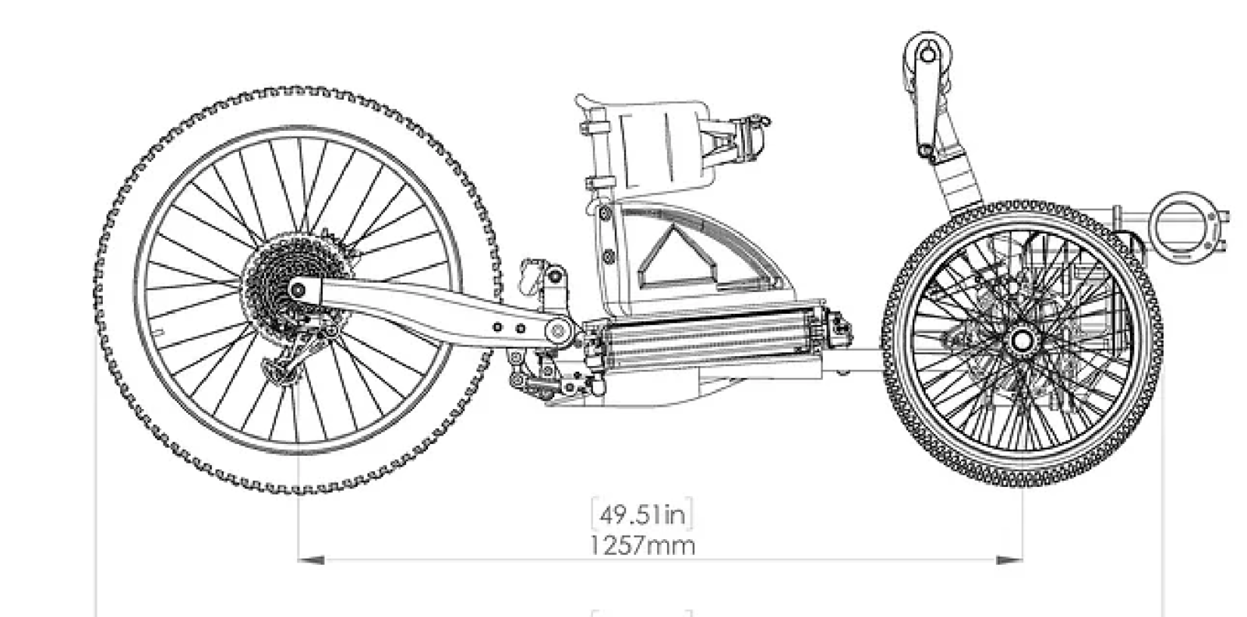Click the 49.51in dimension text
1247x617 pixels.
pos(642,515)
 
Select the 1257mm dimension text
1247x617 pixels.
pos(642,546)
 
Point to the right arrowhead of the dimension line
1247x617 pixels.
pos(1009,559)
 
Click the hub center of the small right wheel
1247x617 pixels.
pos(1022,340)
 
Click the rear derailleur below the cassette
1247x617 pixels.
pos(295,356)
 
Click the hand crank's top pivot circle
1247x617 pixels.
pos(927,55)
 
